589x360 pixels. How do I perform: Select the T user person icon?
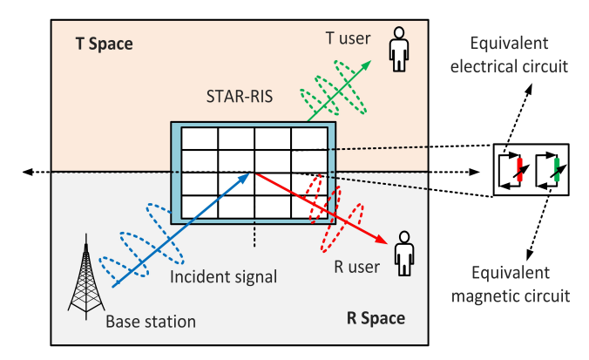point(400,50)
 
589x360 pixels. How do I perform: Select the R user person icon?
point(403,253)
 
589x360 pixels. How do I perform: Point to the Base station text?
point(151,322)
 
